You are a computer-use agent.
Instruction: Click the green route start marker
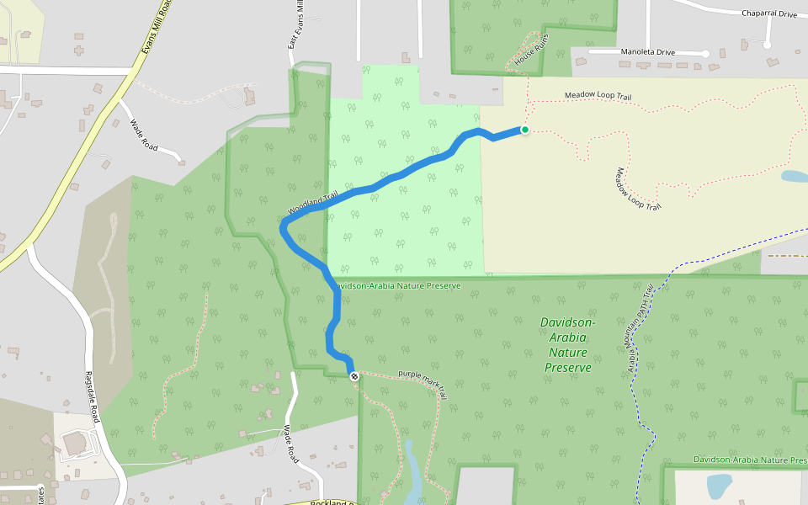(x=525, y=130)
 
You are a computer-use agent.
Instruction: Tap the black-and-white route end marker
(x=354, y=376)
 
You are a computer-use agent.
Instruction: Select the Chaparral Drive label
(x=768, y=13)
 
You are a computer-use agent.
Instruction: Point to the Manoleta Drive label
(x=647, y=52)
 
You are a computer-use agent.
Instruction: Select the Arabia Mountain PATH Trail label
(x=641, y=329)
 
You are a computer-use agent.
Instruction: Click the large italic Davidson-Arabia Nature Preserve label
(x=567, y=345)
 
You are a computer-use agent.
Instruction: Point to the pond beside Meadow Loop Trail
(x=794, y=177)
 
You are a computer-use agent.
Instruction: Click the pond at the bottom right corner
(x=719, y=486)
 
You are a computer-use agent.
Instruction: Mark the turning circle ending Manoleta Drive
(x=706, y=54)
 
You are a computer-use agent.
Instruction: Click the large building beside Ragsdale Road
(x=74, y=441)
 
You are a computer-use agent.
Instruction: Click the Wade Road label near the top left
(x=144, y=136)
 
